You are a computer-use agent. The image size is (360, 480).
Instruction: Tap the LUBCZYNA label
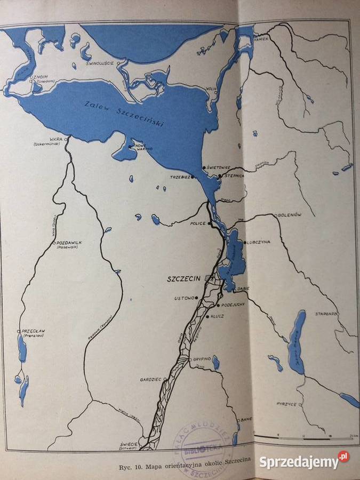(x=259, y=242)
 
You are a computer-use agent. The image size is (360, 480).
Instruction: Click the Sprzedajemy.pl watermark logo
(x=304, y=460)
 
